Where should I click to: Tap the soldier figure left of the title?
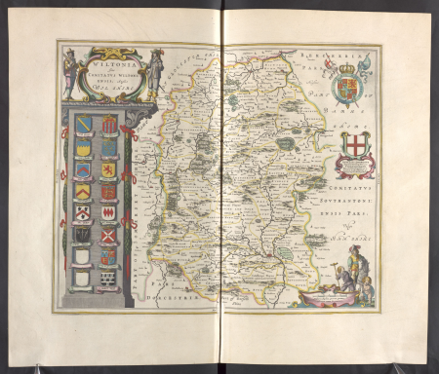tap(69, 72)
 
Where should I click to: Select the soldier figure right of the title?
tap(155, 70)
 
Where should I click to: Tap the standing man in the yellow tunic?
tap(355, 263)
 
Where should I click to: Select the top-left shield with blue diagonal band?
tap(86, 125)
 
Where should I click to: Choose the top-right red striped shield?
tap(109, 125)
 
